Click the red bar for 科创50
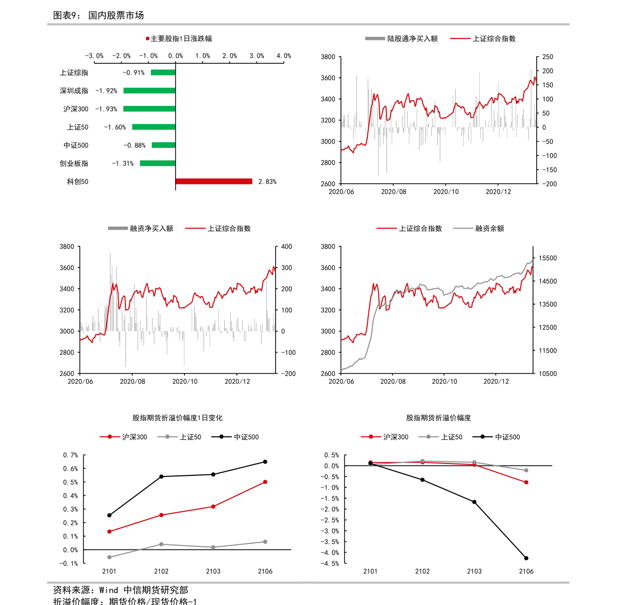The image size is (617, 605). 213,181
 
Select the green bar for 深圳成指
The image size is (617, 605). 149,91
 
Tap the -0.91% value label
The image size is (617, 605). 134,73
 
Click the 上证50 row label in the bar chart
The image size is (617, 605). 78,127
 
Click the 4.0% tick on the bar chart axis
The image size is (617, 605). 284,56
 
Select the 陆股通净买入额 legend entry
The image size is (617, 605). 401,38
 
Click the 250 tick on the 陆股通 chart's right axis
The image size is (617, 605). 548,57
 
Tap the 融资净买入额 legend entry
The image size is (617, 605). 140,228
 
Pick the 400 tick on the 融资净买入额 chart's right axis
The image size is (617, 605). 286,247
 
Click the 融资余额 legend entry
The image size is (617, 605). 479,228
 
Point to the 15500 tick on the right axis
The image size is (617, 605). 548,258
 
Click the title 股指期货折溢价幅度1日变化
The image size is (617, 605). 177,418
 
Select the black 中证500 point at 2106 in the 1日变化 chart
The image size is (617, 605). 265,462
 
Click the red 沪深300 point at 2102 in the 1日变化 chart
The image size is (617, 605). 161,515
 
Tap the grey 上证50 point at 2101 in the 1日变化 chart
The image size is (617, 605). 109,557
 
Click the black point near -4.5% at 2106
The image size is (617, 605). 526,558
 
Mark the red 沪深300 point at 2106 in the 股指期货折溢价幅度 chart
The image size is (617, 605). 526,482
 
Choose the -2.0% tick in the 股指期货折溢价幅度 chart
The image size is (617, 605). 332,509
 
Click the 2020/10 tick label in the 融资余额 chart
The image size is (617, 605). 444,382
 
